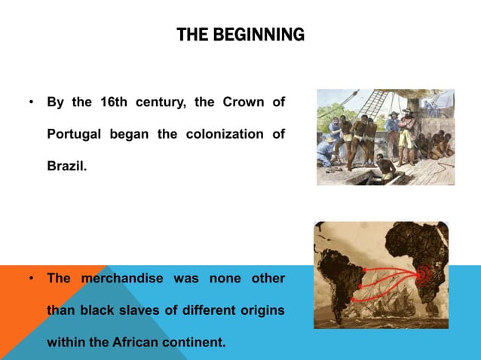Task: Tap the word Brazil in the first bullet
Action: point(66,165)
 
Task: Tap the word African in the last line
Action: point(138,342)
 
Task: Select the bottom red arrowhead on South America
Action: point(355,299)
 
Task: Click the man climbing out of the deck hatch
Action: point(386,167)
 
